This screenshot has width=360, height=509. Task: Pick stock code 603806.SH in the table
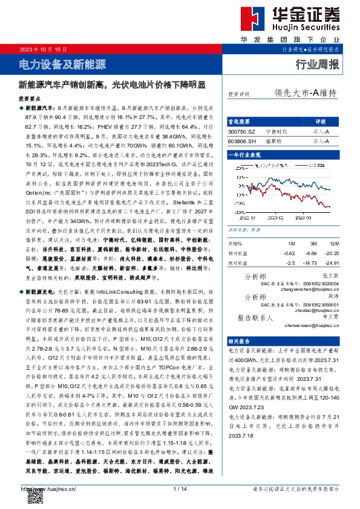click(x=241, y=140)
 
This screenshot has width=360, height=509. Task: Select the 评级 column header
click(x=321, y=121)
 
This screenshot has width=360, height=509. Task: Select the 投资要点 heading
click(x=30, y=97)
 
